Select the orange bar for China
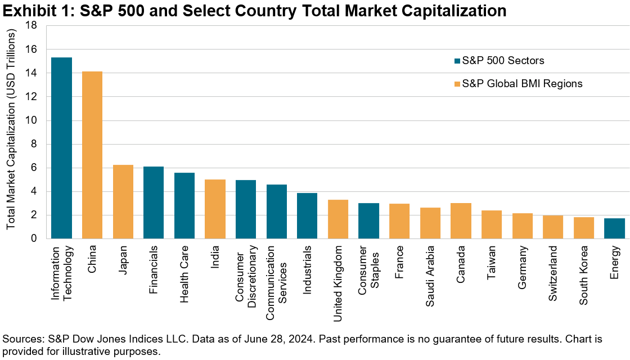[92, 155]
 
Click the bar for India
[215, 209]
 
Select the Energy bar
[615, 228]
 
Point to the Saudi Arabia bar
[430, 223]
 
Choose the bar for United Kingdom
[338, 219]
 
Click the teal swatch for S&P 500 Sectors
[457, 61]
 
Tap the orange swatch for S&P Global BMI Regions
[457, 84]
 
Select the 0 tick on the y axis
[34, 238]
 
